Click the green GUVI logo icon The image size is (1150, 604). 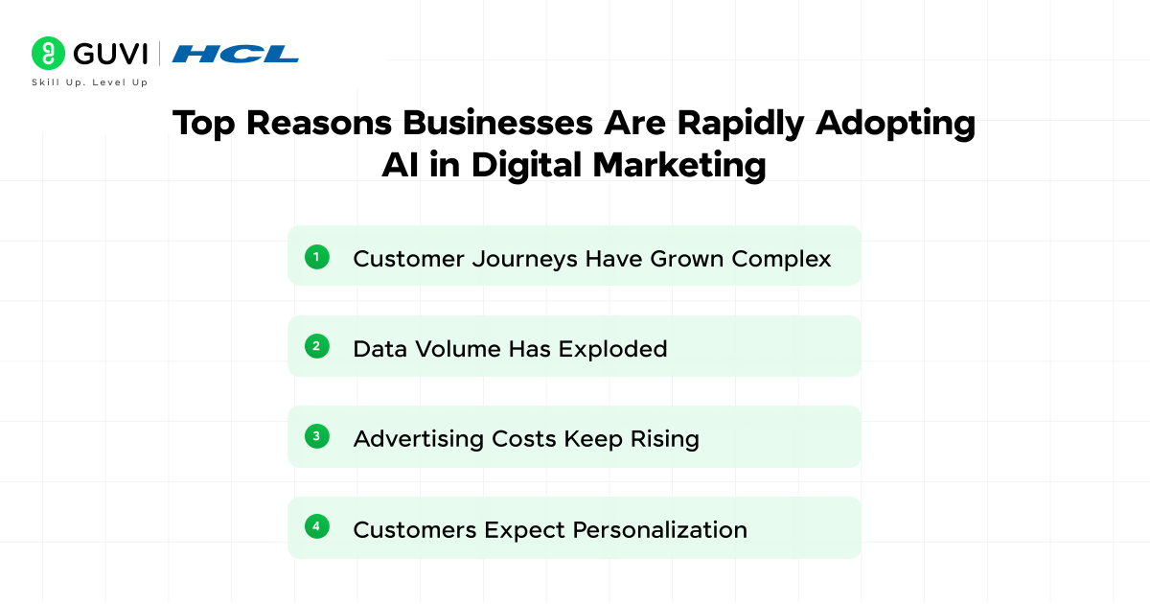tap(48, 53)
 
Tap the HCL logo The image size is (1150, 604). tap(235, 54)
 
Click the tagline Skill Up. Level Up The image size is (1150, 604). tap(90, 82)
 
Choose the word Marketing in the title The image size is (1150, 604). tap(679, 165)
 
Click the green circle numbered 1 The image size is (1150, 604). tap(317, 256)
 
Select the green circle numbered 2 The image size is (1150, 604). tap(317, 346)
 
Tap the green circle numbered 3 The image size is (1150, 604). tap(317, 436)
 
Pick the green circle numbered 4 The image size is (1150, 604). tap(317, 526)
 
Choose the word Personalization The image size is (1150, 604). tap(659, 529)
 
